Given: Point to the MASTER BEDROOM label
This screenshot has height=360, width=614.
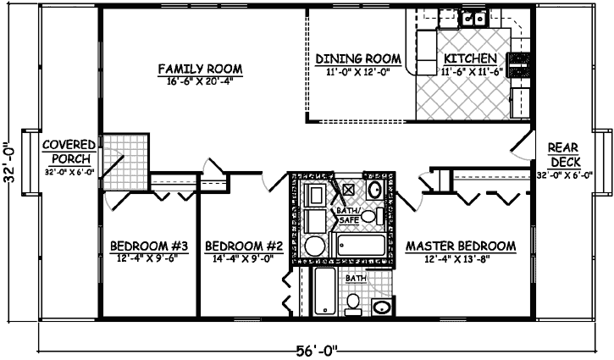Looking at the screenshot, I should pyautogui.click(x=461, y=246).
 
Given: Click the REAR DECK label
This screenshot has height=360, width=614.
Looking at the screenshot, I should pyautogui.click(x=563, y=153).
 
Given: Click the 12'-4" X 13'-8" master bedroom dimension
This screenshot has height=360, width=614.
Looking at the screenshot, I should pyautogui.click(x=461, y=260).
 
